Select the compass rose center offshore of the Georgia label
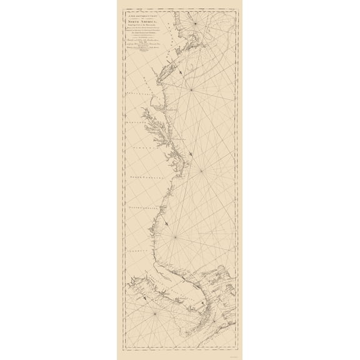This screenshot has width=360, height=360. point(176,237)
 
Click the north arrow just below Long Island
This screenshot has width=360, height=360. point(179,72)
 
